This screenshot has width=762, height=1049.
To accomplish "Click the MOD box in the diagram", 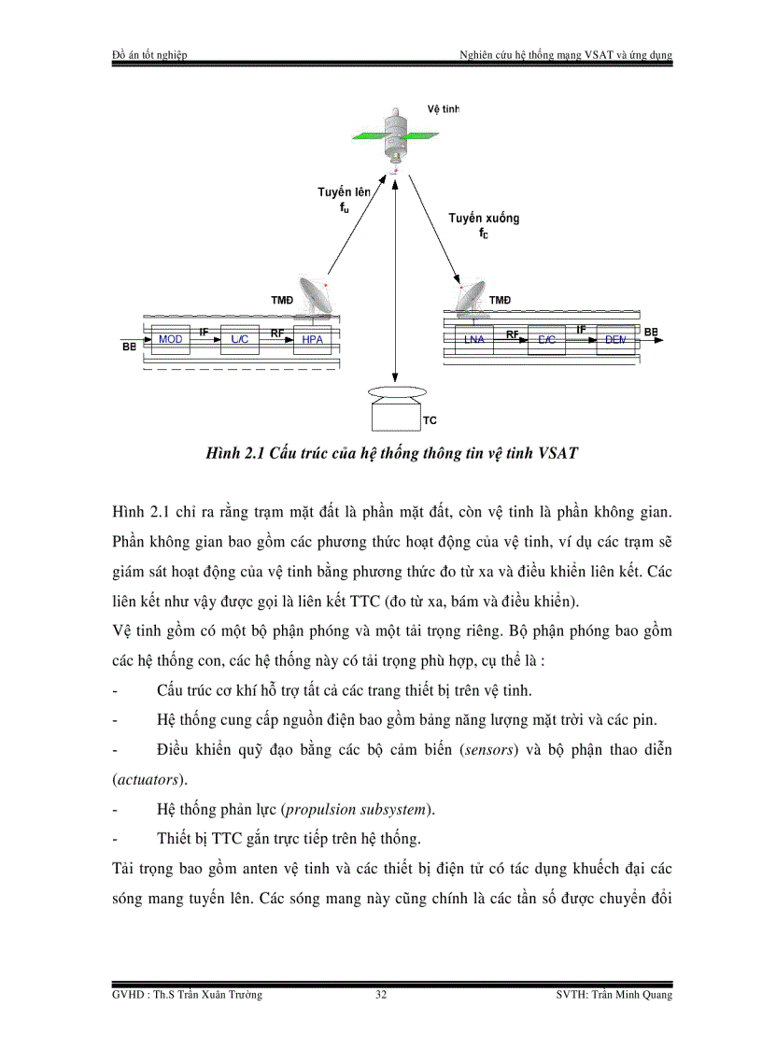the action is [x=171, y=339].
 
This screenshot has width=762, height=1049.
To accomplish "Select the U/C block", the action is [x=239, y=339].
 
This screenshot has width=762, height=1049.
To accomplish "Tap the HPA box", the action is [x=313, y=339].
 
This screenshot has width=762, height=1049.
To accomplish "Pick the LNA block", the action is [x=473, y=339].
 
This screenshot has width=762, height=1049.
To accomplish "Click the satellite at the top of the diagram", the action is [x=397, y=133].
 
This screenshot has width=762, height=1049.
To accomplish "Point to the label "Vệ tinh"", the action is [x=444, y=108].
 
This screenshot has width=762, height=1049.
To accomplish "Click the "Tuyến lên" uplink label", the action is [x=343, y=192].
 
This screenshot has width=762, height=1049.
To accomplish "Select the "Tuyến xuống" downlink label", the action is [x=483, y=218].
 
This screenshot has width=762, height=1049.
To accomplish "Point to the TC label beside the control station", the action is [x=430, y=420].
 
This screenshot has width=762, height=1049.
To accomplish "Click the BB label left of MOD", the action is [x=129, y=347].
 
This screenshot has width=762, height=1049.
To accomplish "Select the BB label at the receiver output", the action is [x=650, y=332].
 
